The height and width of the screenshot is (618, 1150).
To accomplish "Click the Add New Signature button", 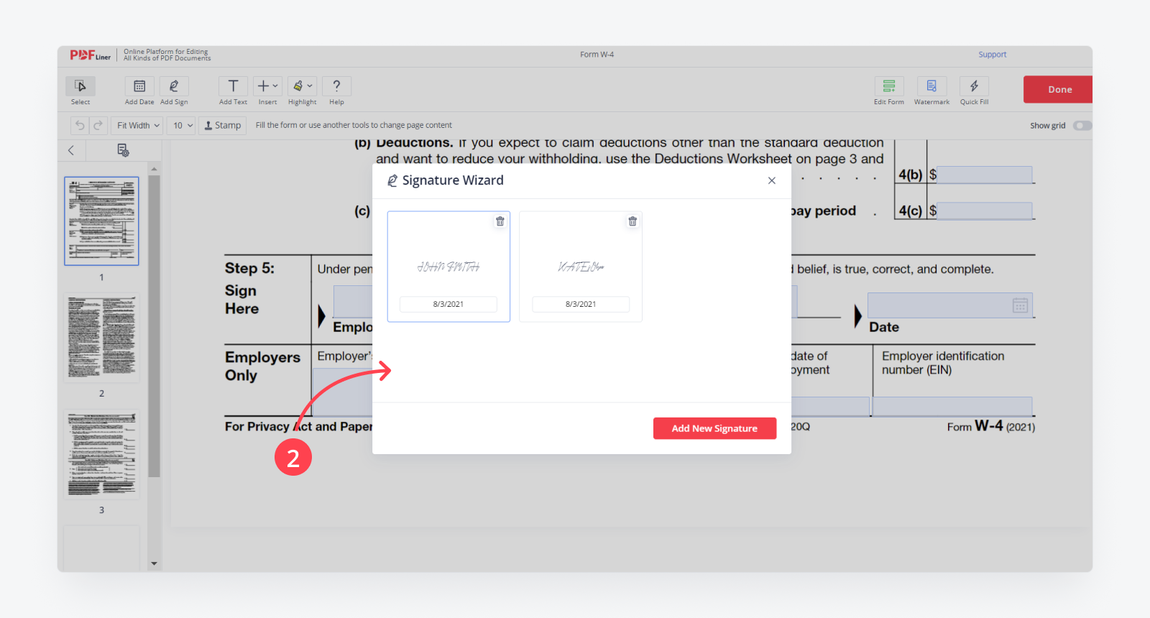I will pos(714,428).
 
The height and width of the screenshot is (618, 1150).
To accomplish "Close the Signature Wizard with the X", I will pos(771,180).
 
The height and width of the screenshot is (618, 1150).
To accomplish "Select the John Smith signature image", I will pos(448,267).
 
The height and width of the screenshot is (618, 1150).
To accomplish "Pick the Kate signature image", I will pos(581,267).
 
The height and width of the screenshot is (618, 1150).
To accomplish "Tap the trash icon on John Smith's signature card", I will pos(500,221).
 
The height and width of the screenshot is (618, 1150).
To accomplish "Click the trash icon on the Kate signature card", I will pos(632,221).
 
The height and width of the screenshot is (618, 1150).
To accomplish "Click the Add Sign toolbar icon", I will pos(174,86).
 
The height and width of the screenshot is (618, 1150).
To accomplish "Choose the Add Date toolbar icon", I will pos(139,86).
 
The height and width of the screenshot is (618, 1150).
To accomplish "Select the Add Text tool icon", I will pos(233,86).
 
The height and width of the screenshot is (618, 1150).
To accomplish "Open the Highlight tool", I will pos(301,86).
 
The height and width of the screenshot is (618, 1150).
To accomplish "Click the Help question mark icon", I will pos(336,86).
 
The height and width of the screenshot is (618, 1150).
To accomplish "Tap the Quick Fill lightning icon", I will pos(974,86).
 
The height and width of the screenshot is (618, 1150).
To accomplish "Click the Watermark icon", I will pos(931,86).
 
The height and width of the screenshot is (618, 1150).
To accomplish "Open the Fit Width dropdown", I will pos(138,125).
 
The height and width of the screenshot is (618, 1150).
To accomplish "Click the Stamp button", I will pos(223,125).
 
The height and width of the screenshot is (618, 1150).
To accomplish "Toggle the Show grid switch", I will pos(1082,126).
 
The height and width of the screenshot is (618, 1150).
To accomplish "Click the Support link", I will pos(992,55).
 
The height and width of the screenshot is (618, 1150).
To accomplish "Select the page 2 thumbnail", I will pos(101,337).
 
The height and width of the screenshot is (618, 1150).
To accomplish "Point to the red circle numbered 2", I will pos(293,458).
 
